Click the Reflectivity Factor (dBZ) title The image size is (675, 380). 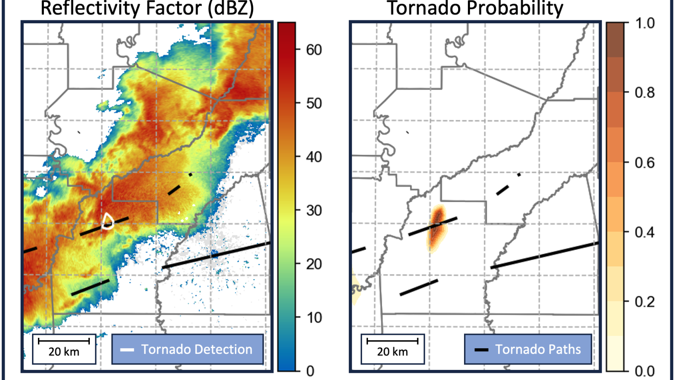147,8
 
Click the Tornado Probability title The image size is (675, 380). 475,8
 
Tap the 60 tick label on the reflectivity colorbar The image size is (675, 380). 314,50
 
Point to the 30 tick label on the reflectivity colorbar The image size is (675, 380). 314,211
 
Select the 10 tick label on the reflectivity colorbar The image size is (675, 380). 314,318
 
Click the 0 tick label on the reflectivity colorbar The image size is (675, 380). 310,371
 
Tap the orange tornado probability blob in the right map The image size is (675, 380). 437,228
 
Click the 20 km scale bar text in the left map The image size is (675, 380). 64,352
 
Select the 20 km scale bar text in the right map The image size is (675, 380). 392,352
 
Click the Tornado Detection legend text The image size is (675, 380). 197,350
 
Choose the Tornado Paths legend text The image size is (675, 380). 538,350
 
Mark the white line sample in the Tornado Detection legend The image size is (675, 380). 127,350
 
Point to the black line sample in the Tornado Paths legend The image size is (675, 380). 481,350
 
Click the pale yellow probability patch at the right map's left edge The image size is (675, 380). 356,287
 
